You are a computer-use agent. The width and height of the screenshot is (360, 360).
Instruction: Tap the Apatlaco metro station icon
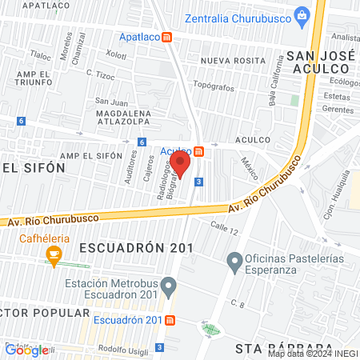pyautogui.click(x=167, y=37)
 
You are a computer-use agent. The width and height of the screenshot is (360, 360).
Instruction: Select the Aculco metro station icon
pyautogui.click(x=198, y=151)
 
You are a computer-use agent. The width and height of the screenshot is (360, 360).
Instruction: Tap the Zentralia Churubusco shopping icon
pyautogui.click(x=302, y=14)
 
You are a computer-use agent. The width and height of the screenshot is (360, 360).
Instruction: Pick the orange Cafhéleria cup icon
pyautogui.click(x=54, y=256)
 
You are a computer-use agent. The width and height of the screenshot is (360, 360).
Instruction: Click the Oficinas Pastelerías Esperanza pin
pyautogui.click(x=234, y=260)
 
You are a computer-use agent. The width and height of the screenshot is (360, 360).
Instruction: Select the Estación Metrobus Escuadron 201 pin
pyautogui.click(x=168, y=286)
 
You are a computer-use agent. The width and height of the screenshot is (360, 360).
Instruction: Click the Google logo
pyautogui.click(x=26, y=350)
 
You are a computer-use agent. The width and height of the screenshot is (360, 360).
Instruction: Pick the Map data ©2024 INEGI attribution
pyautogui.click(x=312, y=354)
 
